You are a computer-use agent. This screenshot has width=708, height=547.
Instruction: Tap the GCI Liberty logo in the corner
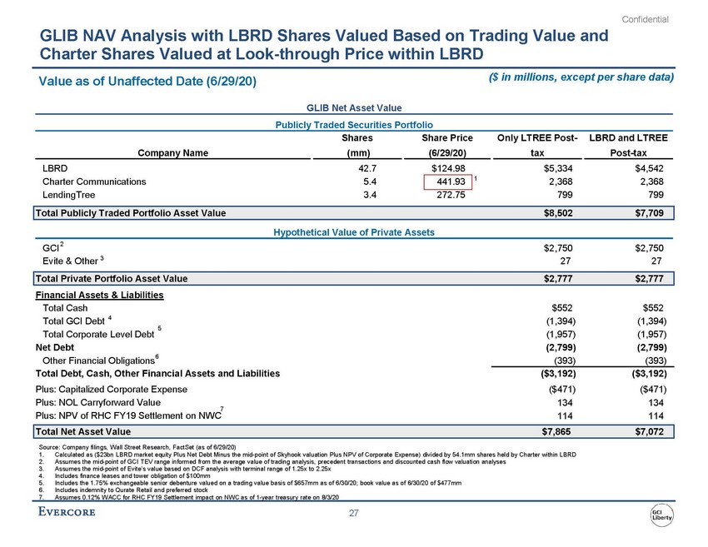(x=662, y=515)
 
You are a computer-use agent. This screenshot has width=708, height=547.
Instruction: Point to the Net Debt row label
(x=54, y=347)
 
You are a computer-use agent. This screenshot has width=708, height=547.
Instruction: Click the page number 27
(x=354, y=515)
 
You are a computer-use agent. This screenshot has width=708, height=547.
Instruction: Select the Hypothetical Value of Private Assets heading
(x=353, y=231)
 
